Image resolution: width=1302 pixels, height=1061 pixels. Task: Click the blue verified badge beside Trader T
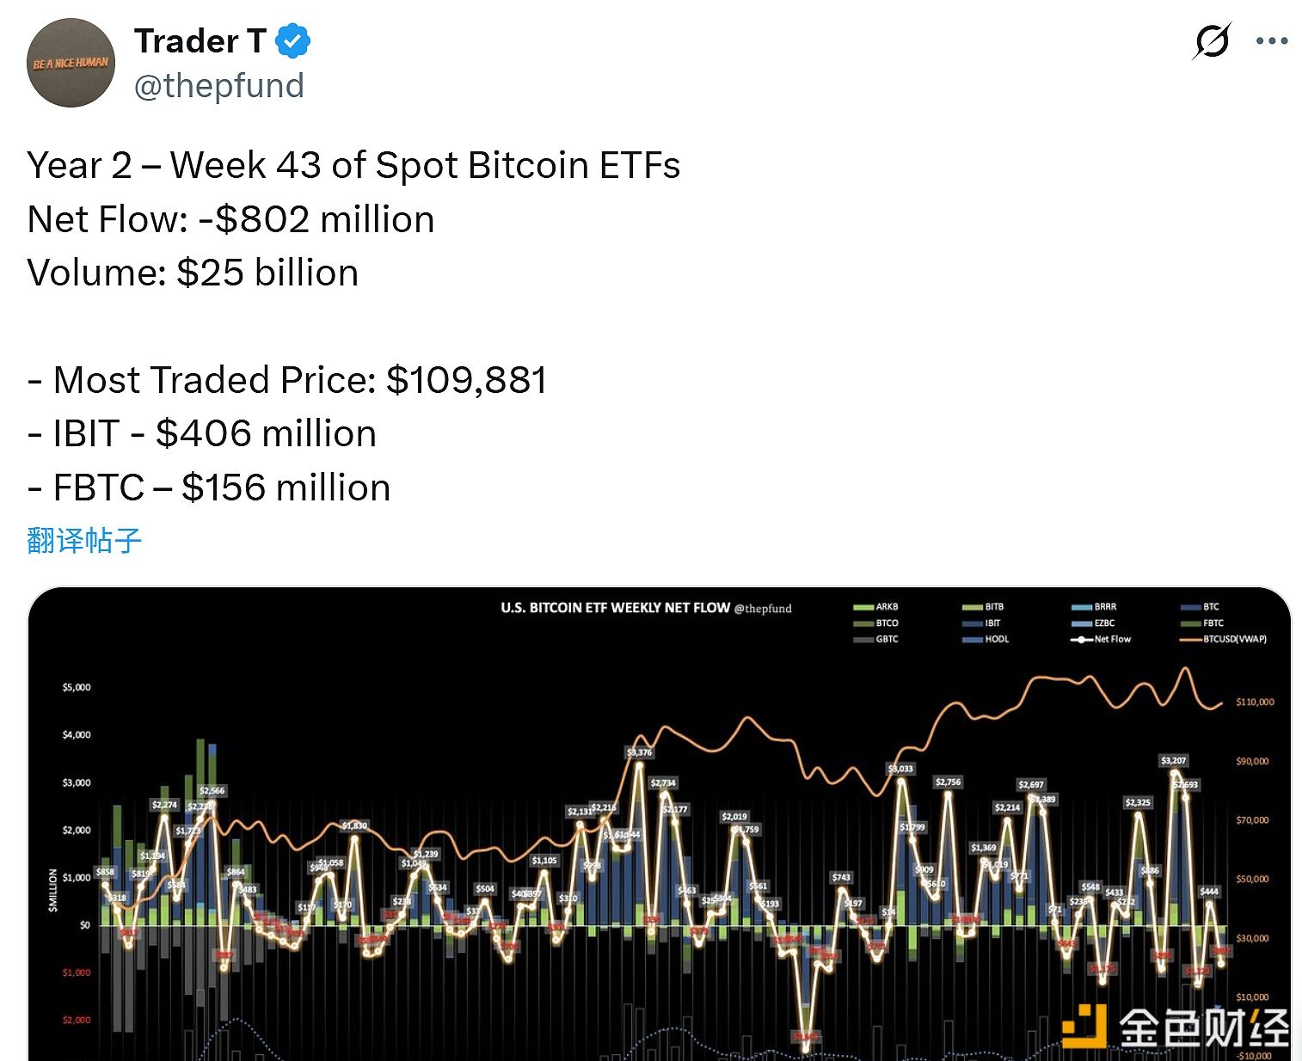pos(293,41)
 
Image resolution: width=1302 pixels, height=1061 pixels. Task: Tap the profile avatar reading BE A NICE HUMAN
pos(71,63)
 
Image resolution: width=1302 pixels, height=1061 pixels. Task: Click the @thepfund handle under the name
pos(218,86)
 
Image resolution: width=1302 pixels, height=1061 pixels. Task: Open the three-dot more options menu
pos(1271,40)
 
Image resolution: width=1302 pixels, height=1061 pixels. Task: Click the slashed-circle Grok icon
pos(1212,40)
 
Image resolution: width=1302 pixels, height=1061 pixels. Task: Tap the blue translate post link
pos(84,540)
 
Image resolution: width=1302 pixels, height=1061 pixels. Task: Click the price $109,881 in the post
pos(466,380)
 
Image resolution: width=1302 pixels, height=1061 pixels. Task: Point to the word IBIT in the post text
pos(86,433)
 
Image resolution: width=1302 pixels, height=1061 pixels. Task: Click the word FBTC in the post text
pos(98,488)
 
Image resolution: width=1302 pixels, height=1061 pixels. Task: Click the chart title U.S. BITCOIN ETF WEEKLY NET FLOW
pos(615,608)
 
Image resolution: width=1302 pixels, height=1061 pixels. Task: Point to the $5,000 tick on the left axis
pos(77,687)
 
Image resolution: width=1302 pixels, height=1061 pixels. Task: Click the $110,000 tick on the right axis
pos(1255,702)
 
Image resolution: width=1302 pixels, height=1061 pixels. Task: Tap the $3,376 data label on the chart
pos(639,752)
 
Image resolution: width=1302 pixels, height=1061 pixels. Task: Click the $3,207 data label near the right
pos(1173,760)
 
